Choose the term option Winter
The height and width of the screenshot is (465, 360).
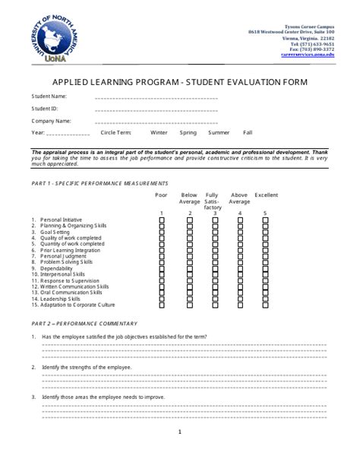(x=159, y=132)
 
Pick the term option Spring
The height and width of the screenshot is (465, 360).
(x=188, y=132)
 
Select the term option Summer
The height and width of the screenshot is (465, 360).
(x=219, y=132)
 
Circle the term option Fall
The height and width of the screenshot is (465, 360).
(x=248, y=132)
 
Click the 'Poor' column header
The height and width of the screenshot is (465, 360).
(x=161, y=195)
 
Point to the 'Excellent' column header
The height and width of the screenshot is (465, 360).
(x=266, y=195)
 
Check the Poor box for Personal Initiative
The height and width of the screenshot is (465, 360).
(x=161, y=220)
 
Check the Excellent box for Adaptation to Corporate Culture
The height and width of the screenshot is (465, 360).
(x=265, y=305)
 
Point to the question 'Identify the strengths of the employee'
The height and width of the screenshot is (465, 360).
(x=87, y=367)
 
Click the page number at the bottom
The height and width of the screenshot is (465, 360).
(x=180, y=433)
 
